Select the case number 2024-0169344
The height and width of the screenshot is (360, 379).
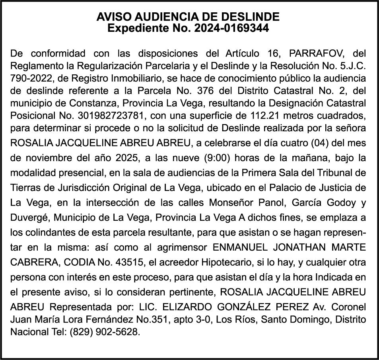[231, 28]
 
